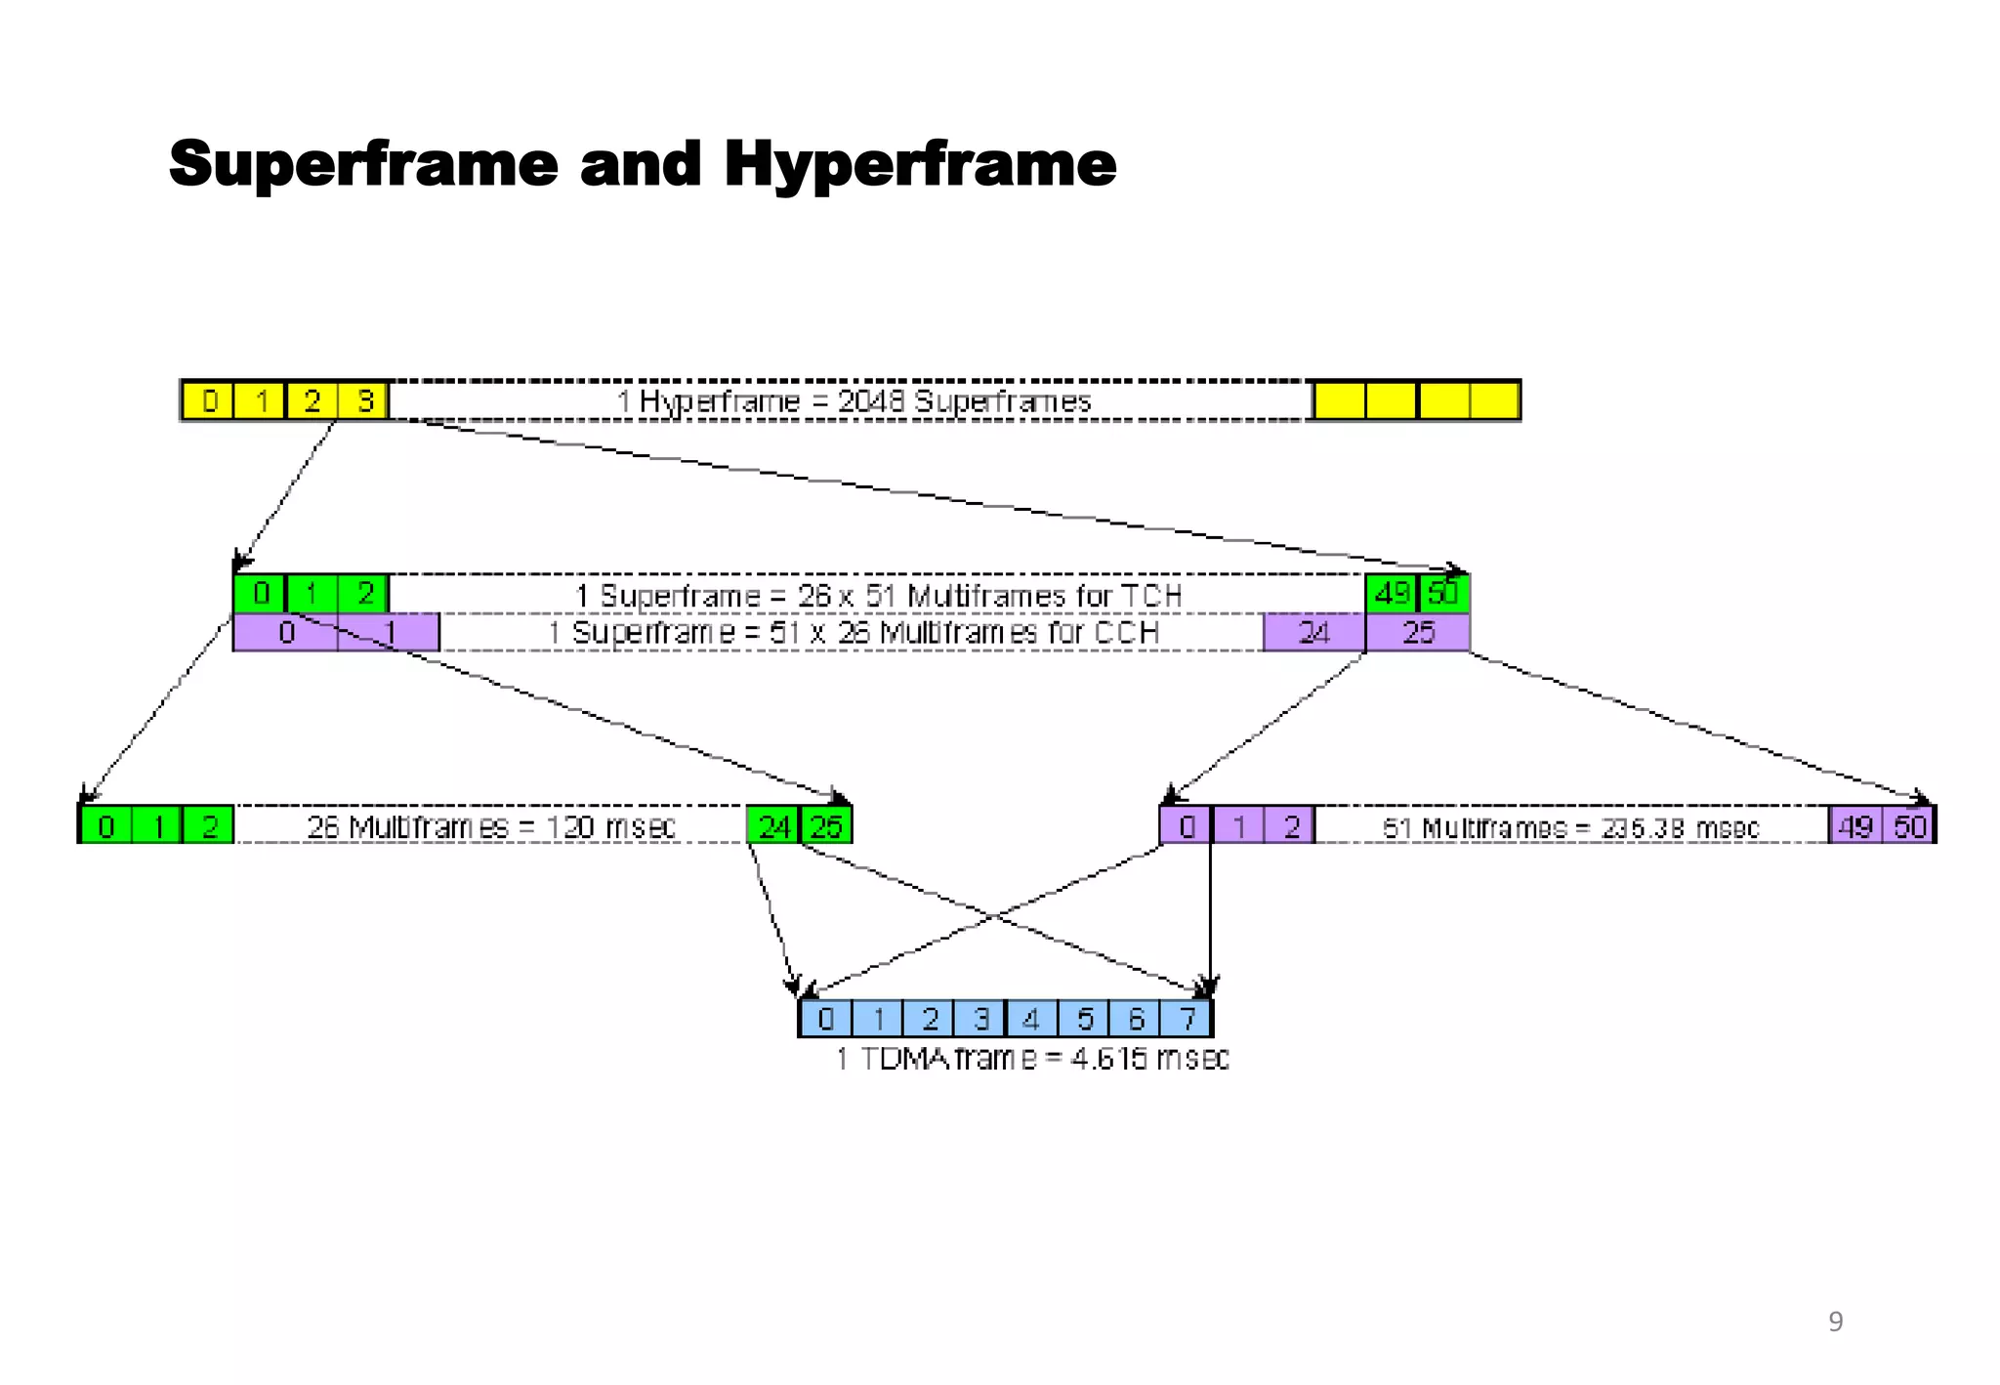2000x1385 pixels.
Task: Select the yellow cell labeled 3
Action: [364, 401]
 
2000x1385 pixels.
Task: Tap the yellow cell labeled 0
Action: [209, 401]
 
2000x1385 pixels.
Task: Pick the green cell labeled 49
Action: [1392, 594]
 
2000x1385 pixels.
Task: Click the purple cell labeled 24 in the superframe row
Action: [1313, 633]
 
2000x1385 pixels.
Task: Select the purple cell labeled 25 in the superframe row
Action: [1418, 633]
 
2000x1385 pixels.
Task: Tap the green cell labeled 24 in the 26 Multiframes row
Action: [773, 826]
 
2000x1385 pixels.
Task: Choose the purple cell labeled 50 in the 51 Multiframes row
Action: [1909, 826]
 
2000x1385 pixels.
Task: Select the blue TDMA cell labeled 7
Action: [1187, 1019]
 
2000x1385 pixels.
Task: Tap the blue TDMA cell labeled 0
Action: [826, 1019]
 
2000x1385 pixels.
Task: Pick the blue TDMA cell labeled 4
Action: [1031, 1019]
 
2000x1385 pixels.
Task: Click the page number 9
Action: [1835, 1322]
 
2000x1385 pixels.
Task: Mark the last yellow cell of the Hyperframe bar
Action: [1494, 401]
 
